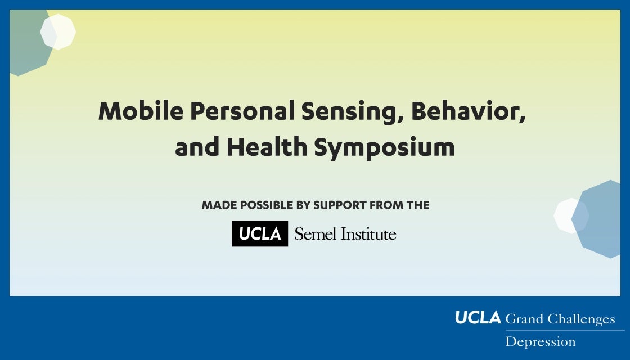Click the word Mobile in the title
point(141,111)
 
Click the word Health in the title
point(267,147)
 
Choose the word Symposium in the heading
point(384,147)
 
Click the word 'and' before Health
point(197,147)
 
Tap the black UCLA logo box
point(259,233)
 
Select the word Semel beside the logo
point(316,234)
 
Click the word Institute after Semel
point(368,234)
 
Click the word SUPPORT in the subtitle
point(340,205)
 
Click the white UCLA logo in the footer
point(478,317)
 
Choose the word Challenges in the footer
point(582,319)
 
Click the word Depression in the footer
point(541,342)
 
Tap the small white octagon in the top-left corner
point(58,31)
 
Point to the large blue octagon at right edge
point(597,219)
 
